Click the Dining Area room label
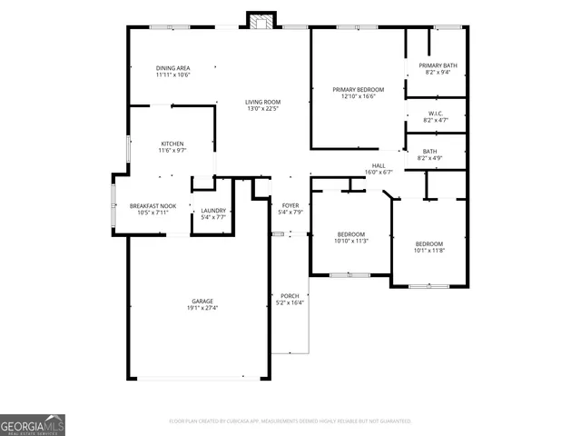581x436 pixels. (172, 68)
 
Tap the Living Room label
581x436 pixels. (261, 102)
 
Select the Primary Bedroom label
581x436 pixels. (358, 90)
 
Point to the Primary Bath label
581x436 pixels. (438, 65)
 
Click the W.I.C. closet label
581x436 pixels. (437, 114)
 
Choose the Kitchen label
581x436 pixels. (172, 144)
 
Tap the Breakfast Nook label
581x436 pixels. (152, 205)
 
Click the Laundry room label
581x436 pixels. (213, 212)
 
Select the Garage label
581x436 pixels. (202, 301)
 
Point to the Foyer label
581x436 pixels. (290, 205)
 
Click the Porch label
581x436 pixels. (290, 295)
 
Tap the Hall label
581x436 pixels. (379, 165)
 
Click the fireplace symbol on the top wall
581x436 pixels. (262, 21)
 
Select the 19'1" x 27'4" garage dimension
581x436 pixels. (202, 308)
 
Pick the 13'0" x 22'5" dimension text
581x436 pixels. (261, 109)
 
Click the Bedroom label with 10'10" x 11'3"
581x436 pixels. (350, 234)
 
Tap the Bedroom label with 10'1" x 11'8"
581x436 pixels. (429, 243)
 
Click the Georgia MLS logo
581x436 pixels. (33, 425)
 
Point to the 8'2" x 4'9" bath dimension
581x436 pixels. (429, 159)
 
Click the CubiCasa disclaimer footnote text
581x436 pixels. (290, 421)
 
